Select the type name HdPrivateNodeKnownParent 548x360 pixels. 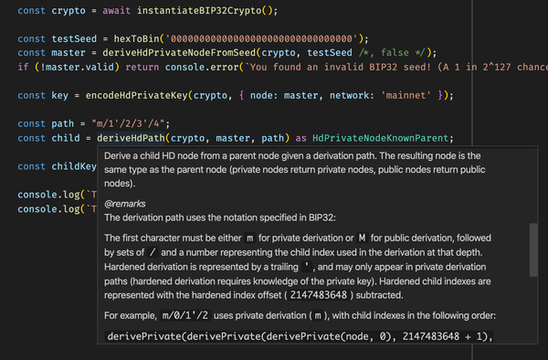click(x=381, y=139)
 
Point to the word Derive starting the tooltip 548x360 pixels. click(x=121, y=155)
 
